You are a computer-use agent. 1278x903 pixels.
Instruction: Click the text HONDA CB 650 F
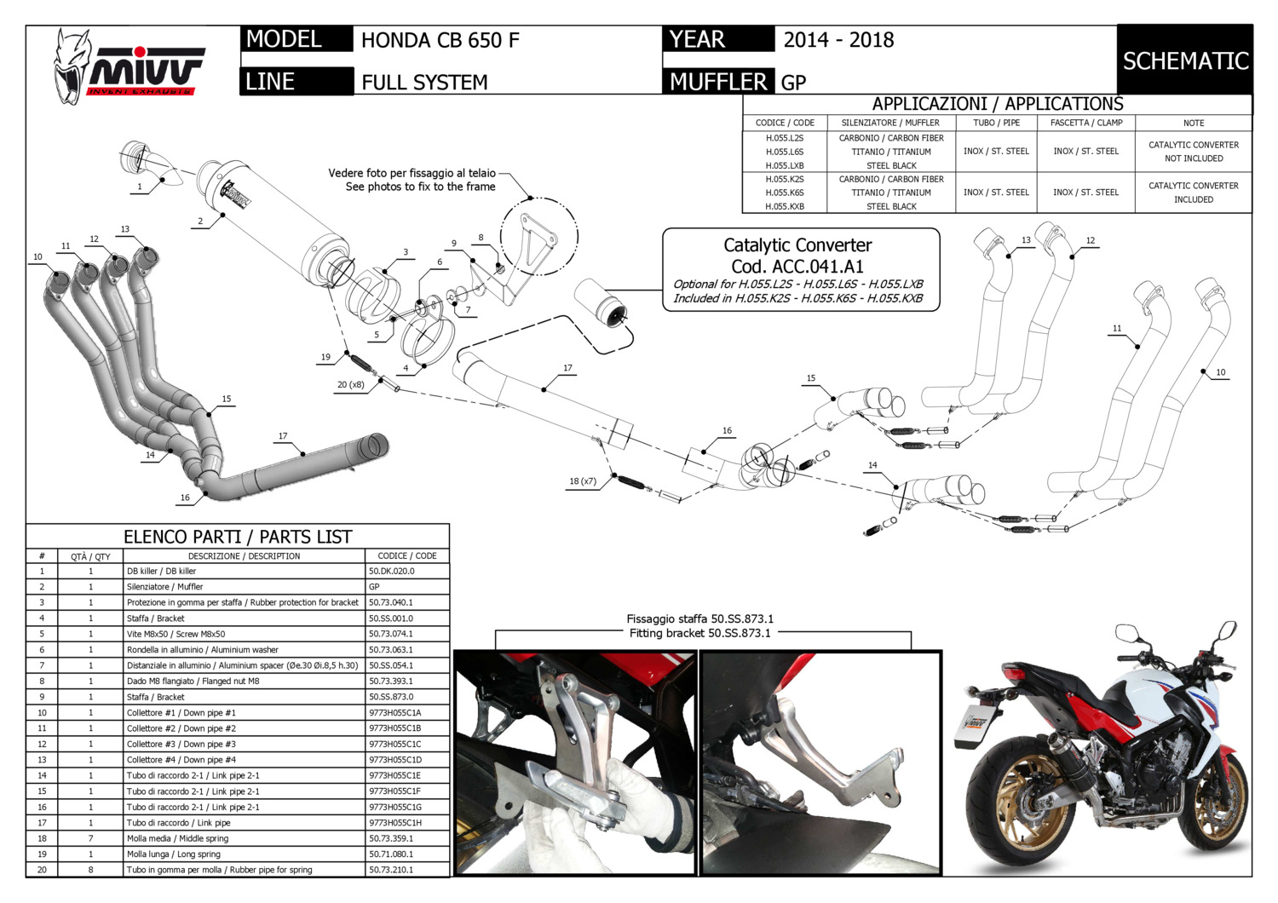click(x=440, y=40)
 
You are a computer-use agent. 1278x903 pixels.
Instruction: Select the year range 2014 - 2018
click(x=838, y=40)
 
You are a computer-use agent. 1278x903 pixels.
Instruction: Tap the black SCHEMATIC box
click(x=1184, y=60)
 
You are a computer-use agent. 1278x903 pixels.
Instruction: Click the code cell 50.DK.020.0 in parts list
click(x=392, y=571)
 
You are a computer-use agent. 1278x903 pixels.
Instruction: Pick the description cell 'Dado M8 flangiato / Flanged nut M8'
click(x=193, y=681)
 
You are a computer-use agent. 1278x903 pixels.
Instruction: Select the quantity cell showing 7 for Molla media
click(x=90, y=838)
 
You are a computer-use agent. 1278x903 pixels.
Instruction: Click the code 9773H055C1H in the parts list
click(x=395, y=823)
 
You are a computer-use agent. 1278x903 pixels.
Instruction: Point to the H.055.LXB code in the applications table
click(x=784, y=165)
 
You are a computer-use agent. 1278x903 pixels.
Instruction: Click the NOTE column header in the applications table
click(x=1193, y=123)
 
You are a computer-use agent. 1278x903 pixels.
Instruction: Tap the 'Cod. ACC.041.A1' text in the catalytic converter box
click(x=797, y=266)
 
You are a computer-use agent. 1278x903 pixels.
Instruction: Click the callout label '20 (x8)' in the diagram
click(x=350, y=384)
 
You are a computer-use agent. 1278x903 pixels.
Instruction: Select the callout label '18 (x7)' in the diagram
click(x=583, y=481)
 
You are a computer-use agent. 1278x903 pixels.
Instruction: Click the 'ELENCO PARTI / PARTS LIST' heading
click(x=238, y=537)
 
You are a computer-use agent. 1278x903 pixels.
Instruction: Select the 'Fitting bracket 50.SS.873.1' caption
click(x=699, y=633)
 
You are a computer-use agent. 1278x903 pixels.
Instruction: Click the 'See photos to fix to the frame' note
click(x=420, y=187)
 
